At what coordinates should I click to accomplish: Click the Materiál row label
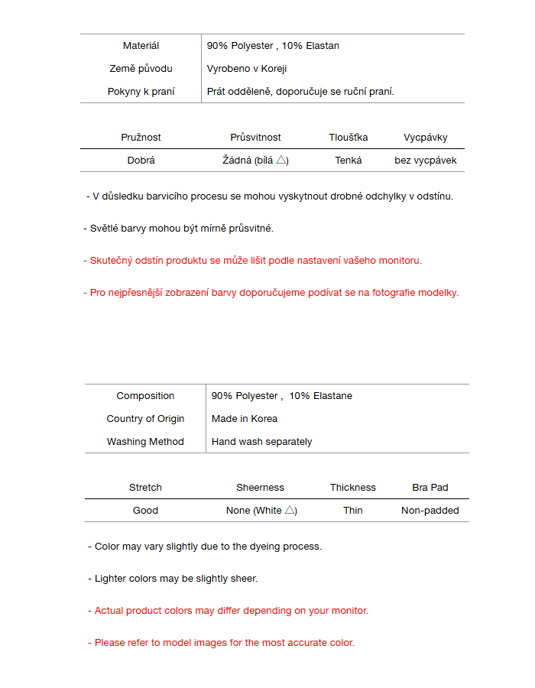click(141, 46)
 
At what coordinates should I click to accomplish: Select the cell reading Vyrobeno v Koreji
click(246, 69)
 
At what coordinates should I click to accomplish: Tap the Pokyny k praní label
click(141, 92)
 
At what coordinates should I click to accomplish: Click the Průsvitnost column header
click(255, 138)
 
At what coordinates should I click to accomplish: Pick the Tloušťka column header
click(349, 138)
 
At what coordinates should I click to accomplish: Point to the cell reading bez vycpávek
click(426, 161)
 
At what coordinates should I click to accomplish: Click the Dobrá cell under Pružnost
click(141, 161)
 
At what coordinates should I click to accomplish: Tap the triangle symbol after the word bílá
click(281, 160)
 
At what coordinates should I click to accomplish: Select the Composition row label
click(145, 396)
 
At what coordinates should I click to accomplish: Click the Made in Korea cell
click(245, 419)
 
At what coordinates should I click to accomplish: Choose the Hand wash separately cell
click(261, 442)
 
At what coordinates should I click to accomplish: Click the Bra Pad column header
click(430, 488)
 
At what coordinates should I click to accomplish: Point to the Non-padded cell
click(430, 511)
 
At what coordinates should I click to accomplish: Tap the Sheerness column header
click(260, 488)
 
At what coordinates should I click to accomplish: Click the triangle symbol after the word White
click(290, 510)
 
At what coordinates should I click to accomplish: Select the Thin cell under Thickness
click(353, 511)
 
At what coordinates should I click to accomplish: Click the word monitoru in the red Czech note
click(400, 261)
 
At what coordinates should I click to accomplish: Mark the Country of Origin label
click(145, 419)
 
